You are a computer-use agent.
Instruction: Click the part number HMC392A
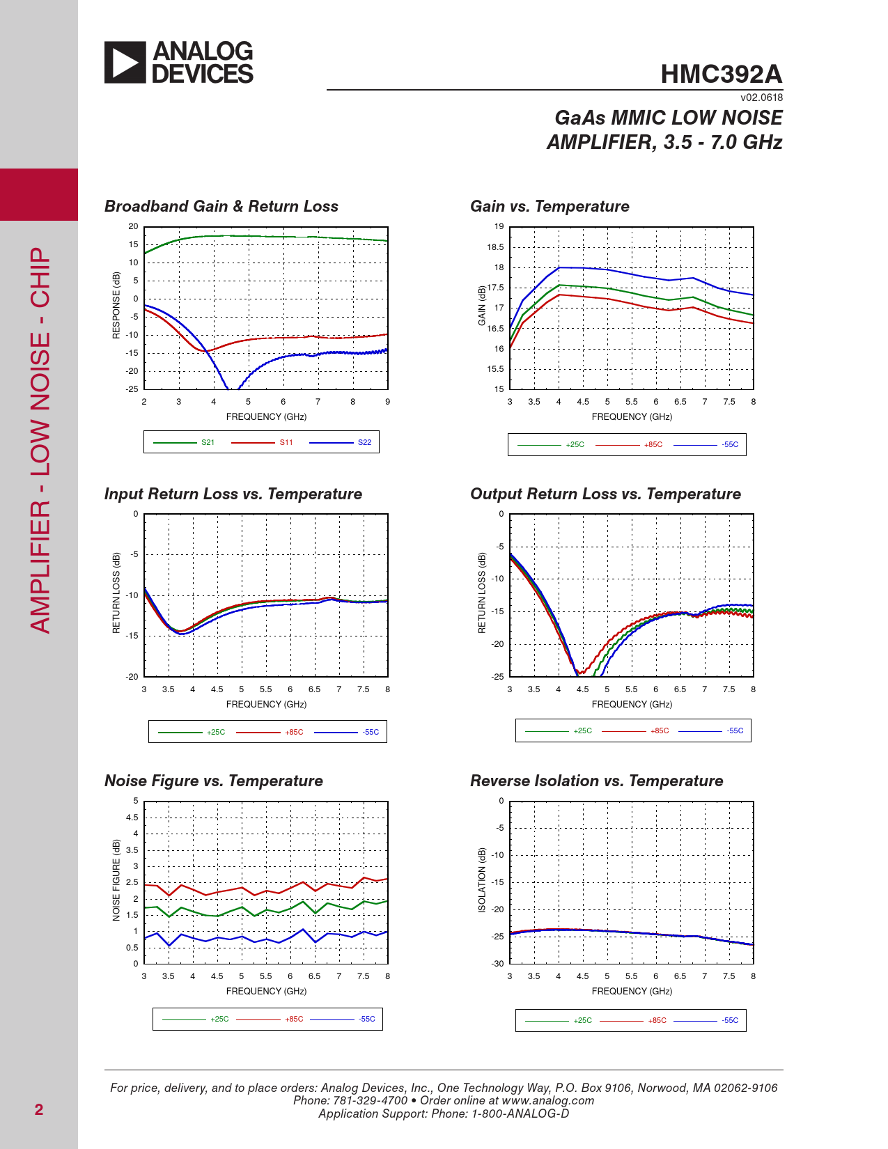point(721,75)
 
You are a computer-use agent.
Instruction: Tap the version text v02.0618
point(761,98)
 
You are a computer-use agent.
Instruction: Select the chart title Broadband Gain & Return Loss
point(221,207)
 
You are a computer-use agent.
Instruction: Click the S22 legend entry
point(364,443)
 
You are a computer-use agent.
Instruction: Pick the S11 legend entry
point(286,443)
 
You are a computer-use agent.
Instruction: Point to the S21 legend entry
point(208,443)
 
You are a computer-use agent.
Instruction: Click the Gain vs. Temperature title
point(550,207)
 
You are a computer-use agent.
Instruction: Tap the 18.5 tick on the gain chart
point(495,247)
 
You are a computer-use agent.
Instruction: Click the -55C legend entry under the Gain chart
point(730,445)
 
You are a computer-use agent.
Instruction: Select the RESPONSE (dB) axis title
point(116,306)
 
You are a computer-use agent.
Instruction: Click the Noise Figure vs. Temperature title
point(213,781)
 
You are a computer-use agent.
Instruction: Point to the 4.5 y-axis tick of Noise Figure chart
point(132,818)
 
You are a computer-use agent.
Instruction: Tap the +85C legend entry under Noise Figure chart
point(294,1019)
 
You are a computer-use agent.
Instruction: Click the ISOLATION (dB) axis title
point(482,880)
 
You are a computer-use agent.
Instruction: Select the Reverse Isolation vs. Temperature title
point(596,781)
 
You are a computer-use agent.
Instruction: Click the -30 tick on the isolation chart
point(497,964)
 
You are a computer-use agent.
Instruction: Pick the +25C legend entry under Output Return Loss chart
point(582,731)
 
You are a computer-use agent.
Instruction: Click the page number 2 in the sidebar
point(39,1110)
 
